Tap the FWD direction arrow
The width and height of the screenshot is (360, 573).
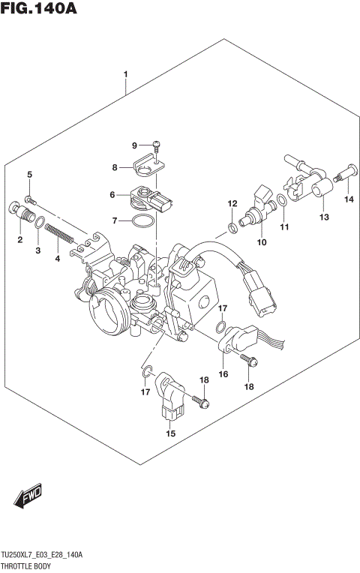(28, 496)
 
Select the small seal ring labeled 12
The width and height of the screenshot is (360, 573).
(234, 226)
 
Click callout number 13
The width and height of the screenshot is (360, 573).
(324, 217)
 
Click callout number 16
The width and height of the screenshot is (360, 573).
(223, 373)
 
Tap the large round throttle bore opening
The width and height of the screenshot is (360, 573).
(105, 308)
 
